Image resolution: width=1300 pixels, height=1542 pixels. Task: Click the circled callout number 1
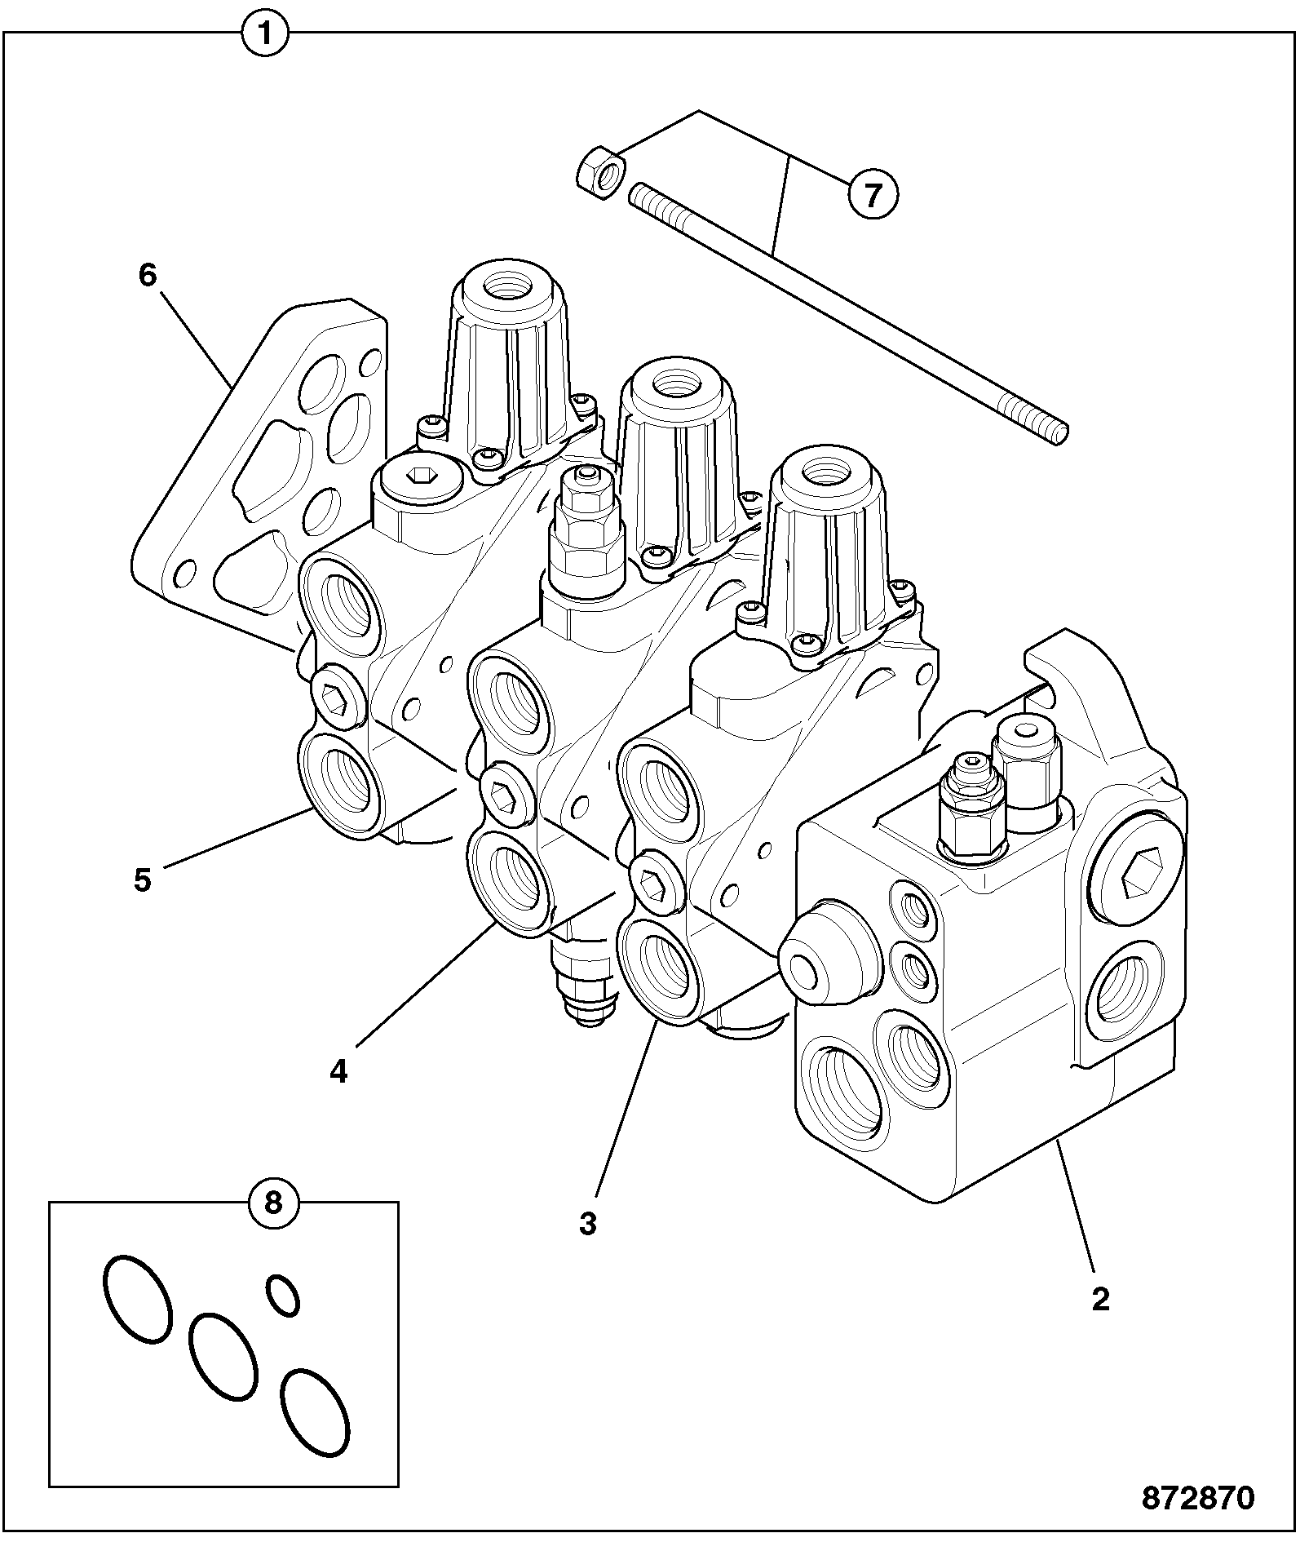(x=265, y=35)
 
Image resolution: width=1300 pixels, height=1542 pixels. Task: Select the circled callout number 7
(x=873, y=195)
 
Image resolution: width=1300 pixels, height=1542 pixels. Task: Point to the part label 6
(x=147, y=276)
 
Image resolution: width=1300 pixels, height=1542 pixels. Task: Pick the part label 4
(x=338, y=1071)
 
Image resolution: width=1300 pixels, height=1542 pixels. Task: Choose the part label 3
(x=588, y=1224)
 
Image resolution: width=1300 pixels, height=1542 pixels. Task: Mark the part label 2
(x=1100, y=1299)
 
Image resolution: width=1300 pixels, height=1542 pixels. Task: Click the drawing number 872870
(x=1197, y=1498)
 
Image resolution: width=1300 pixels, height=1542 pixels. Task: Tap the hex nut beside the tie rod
(x=602, y=173)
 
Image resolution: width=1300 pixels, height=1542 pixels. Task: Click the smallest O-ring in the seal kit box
(x=283, y=1295)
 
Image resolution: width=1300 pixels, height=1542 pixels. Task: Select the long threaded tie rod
(x=848, y=314)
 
